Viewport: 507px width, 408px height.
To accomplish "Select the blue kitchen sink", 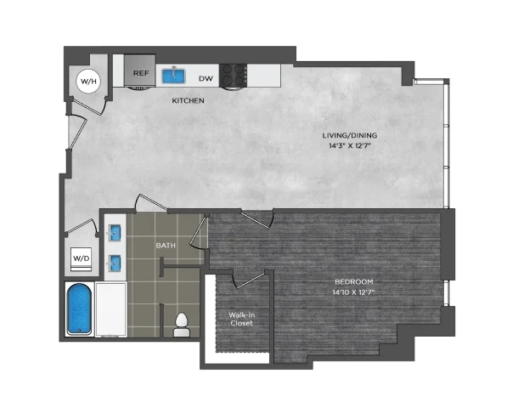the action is (173, 76).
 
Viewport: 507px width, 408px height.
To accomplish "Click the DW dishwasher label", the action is (206, 78).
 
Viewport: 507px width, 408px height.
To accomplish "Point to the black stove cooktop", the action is (233, 75).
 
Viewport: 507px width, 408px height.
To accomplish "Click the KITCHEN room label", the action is (188, 100).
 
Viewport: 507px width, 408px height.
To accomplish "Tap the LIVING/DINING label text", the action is (350, 135).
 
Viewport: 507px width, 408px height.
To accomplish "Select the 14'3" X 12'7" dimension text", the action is (350, 145).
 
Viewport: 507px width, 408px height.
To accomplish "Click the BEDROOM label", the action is (354, 281).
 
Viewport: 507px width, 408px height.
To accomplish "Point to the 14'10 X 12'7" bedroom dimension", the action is (354, 292).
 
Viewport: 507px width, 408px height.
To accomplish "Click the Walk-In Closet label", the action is (241, 319).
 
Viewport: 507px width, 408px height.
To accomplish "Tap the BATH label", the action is (166, 246).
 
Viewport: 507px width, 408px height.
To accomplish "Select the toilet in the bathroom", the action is (182, 325).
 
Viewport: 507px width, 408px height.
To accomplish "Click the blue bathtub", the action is (79, 309).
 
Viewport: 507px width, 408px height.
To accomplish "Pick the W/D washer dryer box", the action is (82, 259).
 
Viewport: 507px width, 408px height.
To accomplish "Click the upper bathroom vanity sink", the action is (115, 233).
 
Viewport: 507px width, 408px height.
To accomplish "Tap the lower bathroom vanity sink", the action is (115, 263).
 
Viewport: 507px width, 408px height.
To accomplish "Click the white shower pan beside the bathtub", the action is (110, 309).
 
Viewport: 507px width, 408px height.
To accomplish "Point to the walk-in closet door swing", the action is (250, 279).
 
